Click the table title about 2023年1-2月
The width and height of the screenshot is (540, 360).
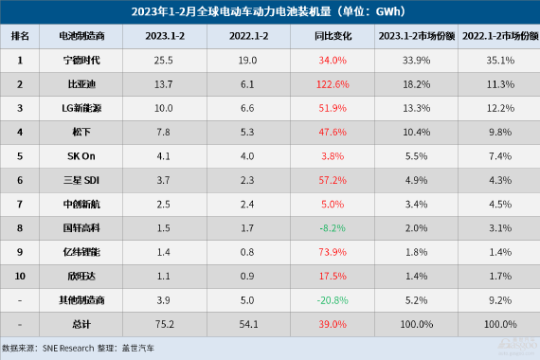tap(269, 12)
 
